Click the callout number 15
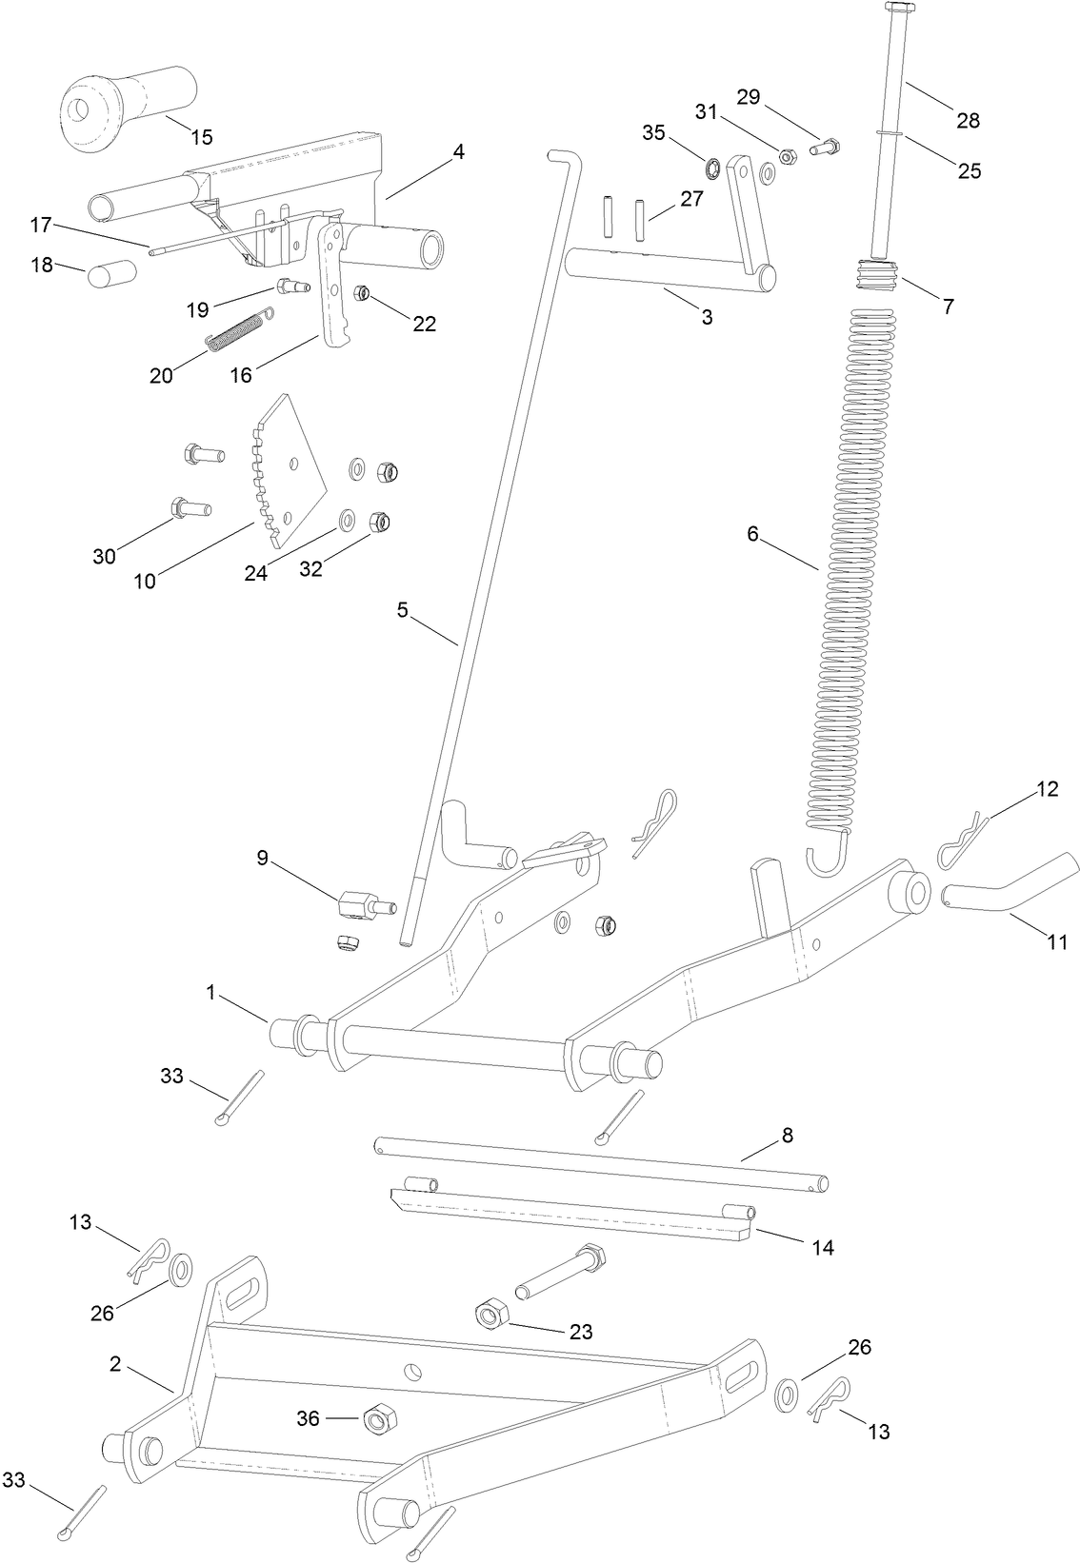point(201,136)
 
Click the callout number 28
point(969,121)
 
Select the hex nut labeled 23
point(490,1316)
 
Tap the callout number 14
point(823,1247)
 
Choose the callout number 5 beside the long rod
point(403,610)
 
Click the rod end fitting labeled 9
point(358,903)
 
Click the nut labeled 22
point(362,292)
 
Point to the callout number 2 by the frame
point(115,1364)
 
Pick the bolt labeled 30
point(190,508)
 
